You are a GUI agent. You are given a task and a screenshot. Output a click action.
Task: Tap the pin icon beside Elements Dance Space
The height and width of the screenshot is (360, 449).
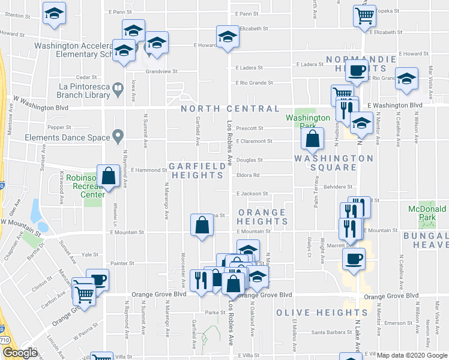[x=118, y=137]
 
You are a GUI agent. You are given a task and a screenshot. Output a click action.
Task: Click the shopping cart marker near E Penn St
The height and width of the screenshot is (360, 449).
[x=364, y=16]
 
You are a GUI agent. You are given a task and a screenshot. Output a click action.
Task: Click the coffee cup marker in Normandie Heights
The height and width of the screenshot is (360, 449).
[x=358, y=71]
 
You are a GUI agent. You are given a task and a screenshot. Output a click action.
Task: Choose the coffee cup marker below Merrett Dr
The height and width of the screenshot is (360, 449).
[x=353, y=259]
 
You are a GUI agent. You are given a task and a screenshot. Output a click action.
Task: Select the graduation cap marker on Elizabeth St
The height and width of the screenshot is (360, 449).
[x=228, y=37]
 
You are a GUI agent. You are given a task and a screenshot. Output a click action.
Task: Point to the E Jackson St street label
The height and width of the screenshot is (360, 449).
[x=252, y=194]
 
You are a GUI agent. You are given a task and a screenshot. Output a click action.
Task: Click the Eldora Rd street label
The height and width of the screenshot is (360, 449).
[x=247, y=176]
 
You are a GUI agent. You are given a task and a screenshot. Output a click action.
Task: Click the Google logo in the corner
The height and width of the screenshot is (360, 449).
[x=20, y=353]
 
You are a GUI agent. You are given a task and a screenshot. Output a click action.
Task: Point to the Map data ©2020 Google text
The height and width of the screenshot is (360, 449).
[x=412, y=355]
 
